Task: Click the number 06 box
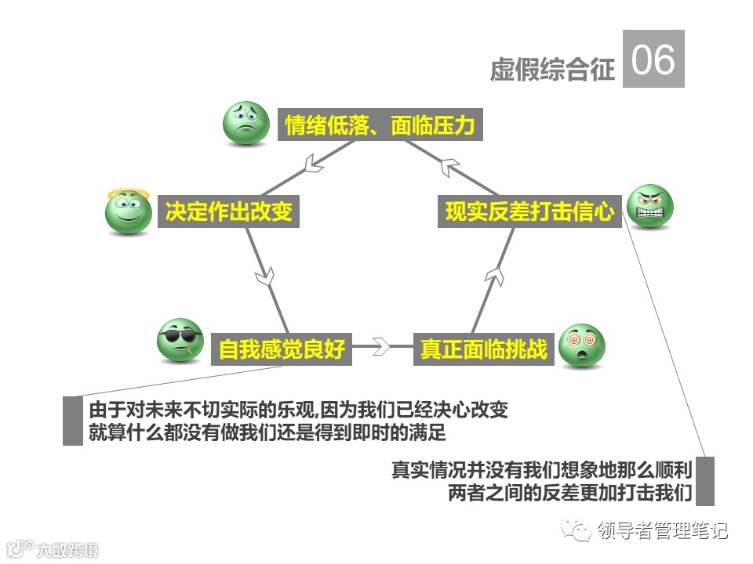coord(653,59)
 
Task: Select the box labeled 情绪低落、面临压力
coord(380,125)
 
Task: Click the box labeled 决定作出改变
coord(228,211)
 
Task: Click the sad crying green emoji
coord(246,122)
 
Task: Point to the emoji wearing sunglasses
coord(180,341)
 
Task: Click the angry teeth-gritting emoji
coord(651,206)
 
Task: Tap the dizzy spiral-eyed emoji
coord(582,345)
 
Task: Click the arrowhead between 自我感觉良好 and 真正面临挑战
coord(380,345)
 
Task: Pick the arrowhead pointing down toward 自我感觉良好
coord(267,277)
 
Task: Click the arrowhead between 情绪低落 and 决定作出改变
coord(314,163)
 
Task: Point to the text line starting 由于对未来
coord(298,410)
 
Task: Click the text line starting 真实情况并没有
coord(541,471)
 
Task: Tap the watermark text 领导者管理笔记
coord(662,530)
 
